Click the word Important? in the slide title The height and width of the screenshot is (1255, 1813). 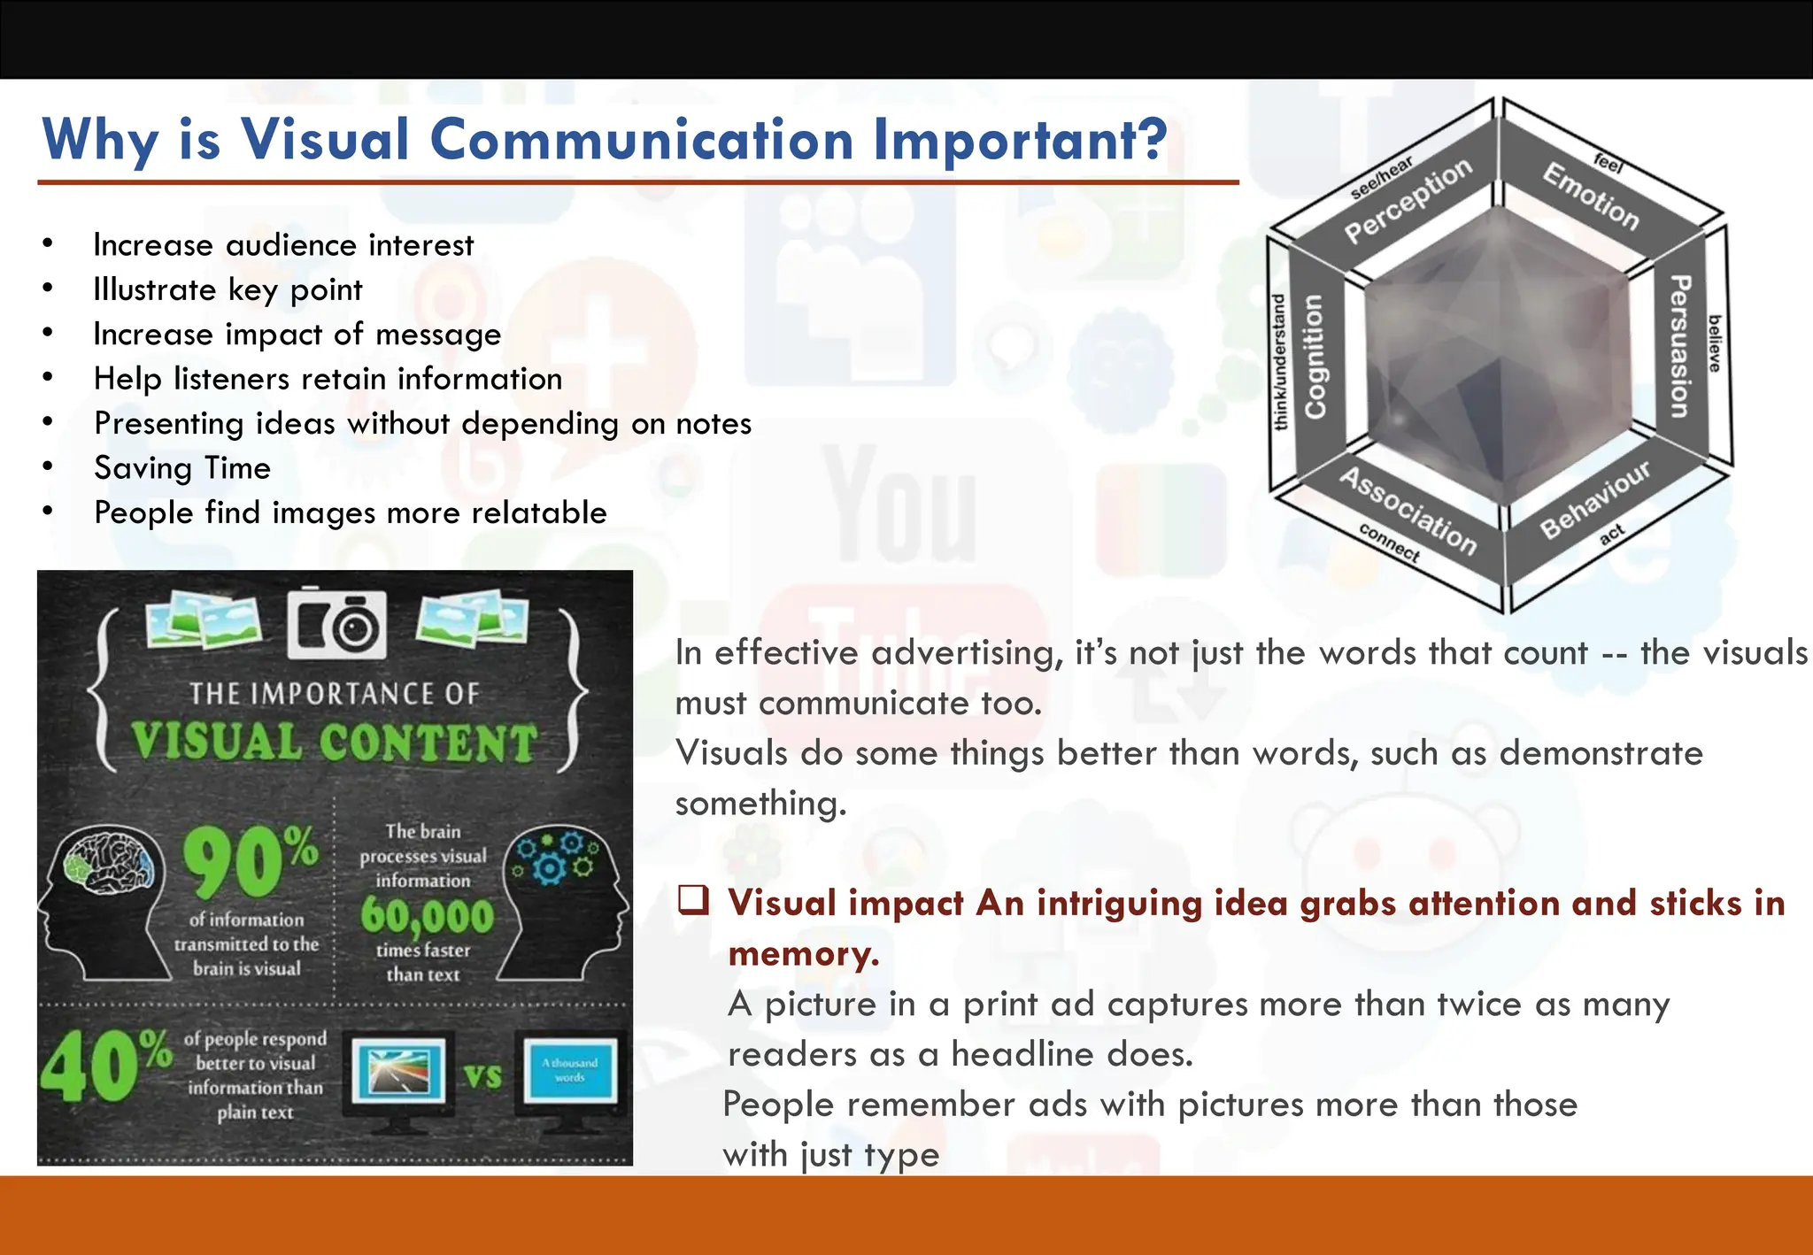pyautogui.click(x=1020, y=140)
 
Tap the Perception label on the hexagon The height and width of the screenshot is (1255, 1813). pyautogui.click(x=1408, y=201)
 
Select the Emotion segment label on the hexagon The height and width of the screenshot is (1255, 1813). pyautogui.click(x=1591, y=196)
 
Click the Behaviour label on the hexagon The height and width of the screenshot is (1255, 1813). pyautogui.click(x=1596, y=499)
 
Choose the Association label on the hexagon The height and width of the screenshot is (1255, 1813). pyautogui.click(x=1408, y=511)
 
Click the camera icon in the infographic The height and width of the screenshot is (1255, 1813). pyautogui.click(x=337, y=623)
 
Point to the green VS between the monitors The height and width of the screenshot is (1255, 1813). pyautogui.click(x=483, y=1076)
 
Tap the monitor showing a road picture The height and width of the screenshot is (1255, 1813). pyautogui.click(x=399, y=1073)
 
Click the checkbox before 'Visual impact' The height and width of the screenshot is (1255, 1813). pyautogui.click(x=693, y=900)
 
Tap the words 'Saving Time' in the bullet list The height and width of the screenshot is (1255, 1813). pyautogui.click(x=182, y=467)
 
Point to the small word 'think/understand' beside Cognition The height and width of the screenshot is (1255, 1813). pyautogui.click(x=1279, y=362)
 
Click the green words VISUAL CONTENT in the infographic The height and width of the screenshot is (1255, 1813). pyautogui.click(x=335, y=742)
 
